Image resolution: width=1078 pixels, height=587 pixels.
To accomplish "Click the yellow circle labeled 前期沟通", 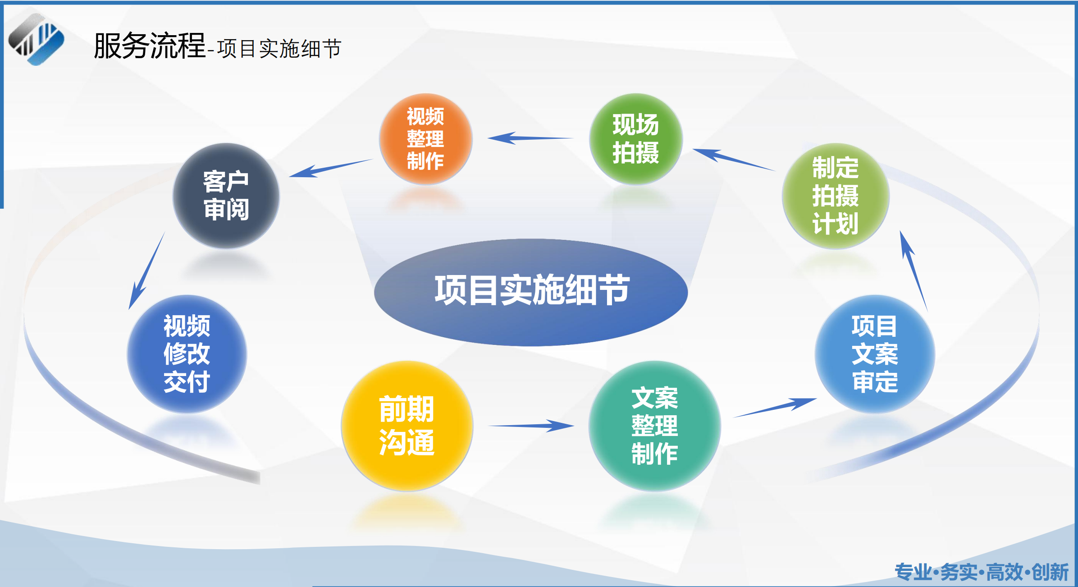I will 407,426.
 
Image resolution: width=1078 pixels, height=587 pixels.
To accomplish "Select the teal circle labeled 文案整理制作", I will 654,426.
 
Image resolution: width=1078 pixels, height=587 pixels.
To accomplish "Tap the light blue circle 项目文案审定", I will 875,354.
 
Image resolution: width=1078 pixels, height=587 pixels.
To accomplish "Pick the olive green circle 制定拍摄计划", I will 836,196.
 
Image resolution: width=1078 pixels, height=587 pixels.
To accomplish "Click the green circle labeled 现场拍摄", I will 636,138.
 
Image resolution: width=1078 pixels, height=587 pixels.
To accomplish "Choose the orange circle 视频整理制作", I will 425,138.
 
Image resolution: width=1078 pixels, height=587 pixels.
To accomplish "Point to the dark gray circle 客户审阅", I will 226,196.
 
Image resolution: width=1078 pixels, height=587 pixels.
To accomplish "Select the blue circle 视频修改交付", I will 187,354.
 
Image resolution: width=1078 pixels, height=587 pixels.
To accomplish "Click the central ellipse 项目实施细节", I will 531,292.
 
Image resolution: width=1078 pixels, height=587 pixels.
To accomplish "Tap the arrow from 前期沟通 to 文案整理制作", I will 532,425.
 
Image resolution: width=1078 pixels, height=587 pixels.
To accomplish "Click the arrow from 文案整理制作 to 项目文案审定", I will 775,407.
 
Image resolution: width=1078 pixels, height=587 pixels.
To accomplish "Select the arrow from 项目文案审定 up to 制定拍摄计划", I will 913,271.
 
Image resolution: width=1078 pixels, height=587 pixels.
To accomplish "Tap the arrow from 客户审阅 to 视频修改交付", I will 147,271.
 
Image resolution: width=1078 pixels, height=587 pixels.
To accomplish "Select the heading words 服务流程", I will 149,46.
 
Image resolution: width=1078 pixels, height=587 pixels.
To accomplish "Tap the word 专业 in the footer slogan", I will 913,572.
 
